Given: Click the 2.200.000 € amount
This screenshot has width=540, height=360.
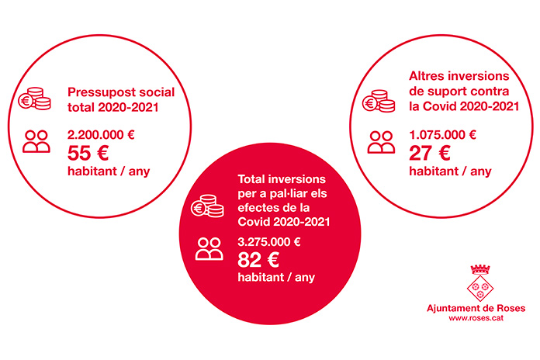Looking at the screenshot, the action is [x=101, y=135].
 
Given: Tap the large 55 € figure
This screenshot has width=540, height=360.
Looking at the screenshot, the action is [x=88, y=153].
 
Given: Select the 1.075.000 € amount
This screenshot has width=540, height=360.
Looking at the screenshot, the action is [x=442, y=135].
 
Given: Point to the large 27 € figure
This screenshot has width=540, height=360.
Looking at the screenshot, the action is [x=430, y=153].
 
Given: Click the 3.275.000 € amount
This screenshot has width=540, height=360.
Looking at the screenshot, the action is [x=269, y=242].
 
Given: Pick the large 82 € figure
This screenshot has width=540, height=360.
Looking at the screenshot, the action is [x=258, y=260].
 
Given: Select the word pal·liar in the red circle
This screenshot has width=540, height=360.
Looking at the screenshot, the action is [x=289, y=193].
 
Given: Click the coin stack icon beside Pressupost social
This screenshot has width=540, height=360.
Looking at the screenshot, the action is [x=34, y=99].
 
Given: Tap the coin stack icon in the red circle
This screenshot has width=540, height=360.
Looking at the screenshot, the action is [x=207, y=206].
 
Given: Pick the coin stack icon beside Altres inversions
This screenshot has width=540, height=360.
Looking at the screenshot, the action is [x=379, y=101].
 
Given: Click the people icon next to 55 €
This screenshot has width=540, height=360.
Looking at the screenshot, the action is [x=36, y=141].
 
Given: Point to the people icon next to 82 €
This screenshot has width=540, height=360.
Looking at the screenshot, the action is [x=209, y=249].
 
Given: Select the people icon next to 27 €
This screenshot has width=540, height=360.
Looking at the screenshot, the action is [x=381, y=142].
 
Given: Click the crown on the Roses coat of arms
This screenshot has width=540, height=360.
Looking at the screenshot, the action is [x=480, y=269].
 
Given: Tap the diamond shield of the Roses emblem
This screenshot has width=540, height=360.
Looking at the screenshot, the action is [x=480, y=289].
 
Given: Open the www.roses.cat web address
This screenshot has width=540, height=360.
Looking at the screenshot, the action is [x=476, y=318].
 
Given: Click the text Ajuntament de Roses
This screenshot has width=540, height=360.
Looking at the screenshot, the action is [x=476, y=308].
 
